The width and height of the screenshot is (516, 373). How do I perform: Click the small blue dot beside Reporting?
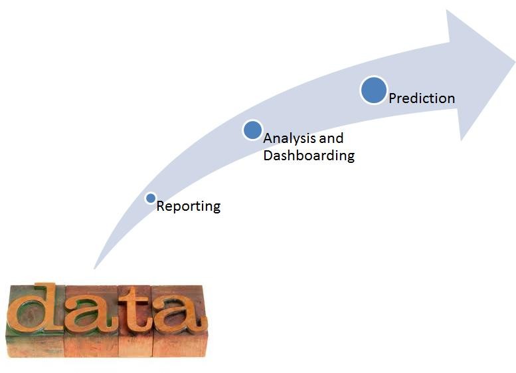tap(151, 198)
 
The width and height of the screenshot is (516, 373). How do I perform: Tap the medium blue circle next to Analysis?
tap(253, 130)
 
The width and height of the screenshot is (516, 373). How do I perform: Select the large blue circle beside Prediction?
tap(374, 90)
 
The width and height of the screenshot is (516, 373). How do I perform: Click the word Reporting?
tap(188, 206)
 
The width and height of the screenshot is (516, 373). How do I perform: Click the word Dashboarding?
tap(309, 155)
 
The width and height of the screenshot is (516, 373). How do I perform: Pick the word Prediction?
tap(422, 98)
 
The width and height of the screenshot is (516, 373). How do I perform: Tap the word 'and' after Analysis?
tap(331, 138)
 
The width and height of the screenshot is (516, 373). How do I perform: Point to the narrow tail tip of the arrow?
tap(94, 268)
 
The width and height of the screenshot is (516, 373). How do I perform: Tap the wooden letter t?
tap(134, 309)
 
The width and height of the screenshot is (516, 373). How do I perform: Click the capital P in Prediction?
tap(393, 98)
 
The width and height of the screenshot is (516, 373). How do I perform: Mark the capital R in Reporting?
tap(161, 206)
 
